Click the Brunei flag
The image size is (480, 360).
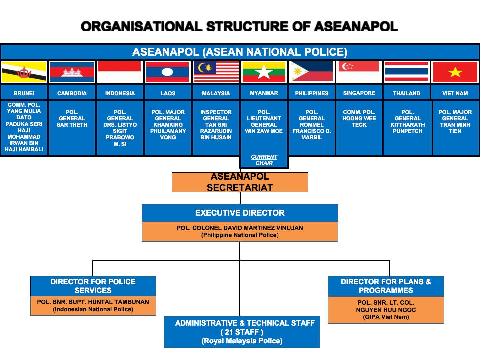(x=24, y=72)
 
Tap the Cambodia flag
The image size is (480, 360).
(x=72, y=72)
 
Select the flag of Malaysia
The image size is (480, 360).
(x=216, y=72)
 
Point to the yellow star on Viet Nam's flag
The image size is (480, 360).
(x=455, y=72)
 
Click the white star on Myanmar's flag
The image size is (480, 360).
(x=264, y=72)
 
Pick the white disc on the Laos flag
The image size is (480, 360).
(x=168, y=72)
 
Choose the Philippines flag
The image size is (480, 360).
(x=312, y=71)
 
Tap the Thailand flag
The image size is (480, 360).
(x=407, y=71)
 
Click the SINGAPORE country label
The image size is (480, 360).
(x=359, y=93)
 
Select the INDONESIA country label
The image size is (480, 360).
(x=120, y=93)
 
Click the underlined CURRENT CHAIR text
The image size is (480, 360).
(x=264, y=160)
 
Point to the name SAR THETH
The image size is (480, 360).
(x=72, y=125)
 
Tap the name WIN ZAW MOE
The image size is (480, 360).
(x=264, y=131)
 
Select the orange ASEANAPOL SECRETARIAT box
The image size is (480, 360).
(x=240, y=182)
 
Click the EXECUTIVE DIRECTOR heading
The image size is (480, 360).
(x=240, y=213)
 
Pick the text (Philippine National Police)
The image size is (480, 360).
(x=240, y=235)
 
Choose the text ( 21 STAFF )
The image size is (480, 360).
(x=242, y=332)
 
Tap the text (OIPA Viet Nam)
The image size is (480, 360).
(x=386, y=317)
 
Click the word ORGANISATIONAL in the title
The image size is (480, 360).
(x=142, y=26)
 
